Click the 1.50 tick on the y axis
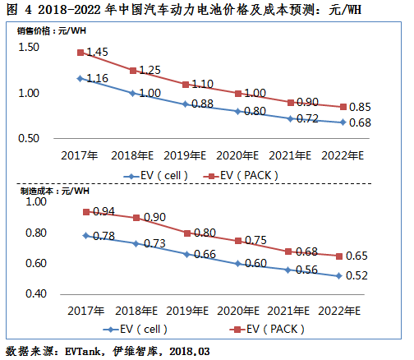28,48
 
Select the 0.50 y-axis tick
28,137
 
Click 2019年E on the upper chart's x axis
185,154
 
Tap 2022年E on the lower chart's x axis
340,311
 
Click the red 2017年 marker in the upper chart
80,53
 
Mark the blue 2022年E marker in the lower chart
340,275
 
